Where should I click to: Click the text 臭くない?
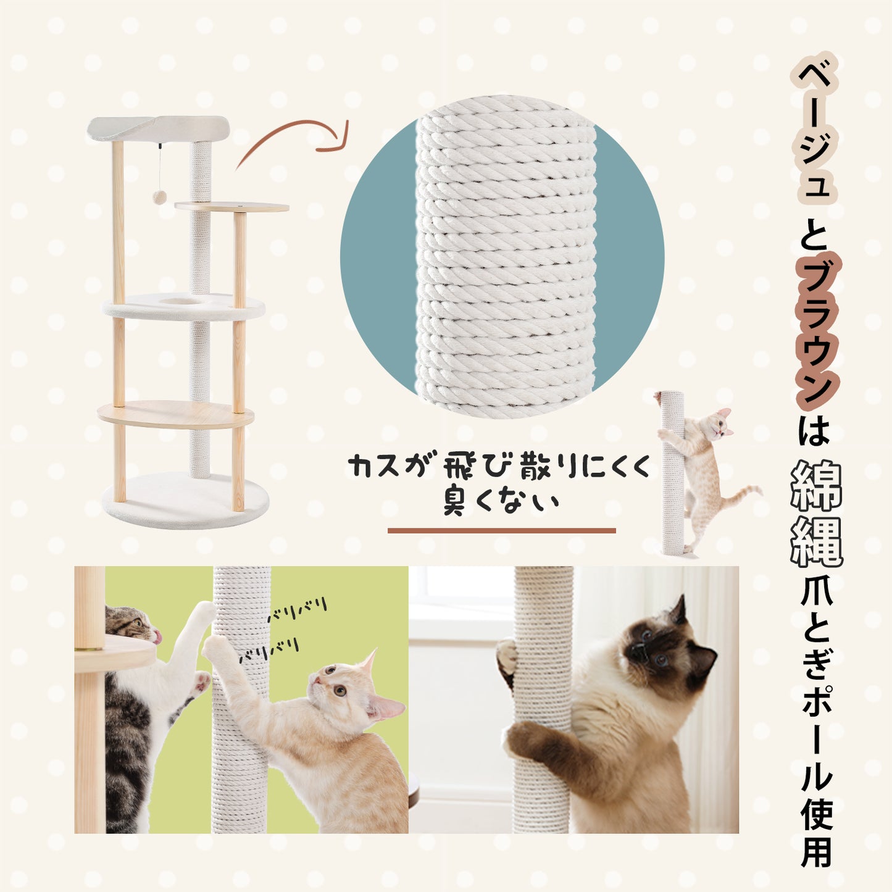pyautogui.click(x=501, y=503)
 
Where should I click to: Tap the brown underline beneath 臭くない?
pyautogui.click(x=501, y=531)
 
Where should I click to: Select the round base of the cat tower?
pyautogui.click(x=185, y=501)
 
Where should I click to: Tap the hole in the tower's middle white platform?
pyautogui.click(x=182, y=301)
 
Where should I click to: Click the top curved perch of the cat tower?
pyautogui.click(x=158, y=128)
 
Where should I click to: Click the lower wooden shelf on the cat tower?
pyautogui.click(x=176, y=414)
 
